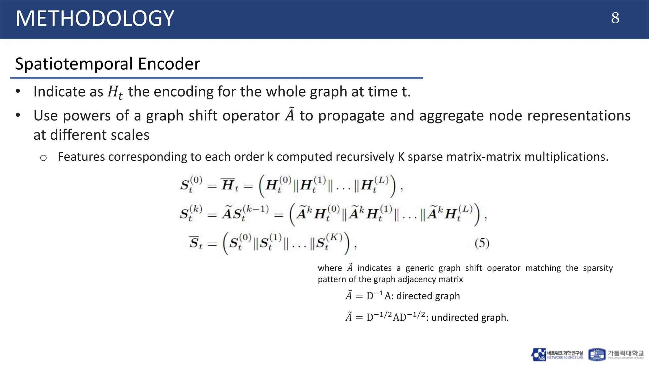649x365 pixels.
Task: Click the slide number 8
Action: (x=615, y=18)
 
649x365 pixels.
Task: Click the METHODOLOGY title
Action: (x=95, y=18)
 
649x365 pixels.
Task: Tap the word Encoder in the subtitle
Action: (x=169, y=64)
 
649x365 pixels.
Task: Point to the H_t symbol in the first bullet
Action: (x=115, y=92)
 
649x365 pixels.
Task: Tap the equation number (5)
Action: (x=482, y=243)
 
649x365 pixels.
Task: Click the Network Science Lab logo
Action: (x=557, y=355)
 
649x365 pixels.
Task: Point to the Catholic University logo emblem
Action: (x=596, y=355)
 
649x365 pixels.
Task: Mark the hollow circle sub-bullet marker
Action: (x=43, y=158)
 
